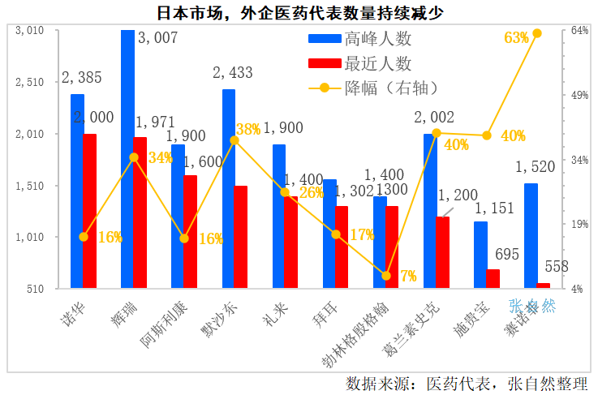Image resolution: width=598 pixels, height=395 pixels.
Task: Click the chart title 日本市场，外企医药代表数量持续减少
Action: pos(299,12)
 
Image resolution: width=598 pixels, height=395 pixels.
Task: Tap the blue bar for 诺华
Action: pos(77,191)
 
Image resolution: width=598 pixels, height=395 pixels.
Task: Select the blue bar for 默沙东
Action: pos(229,188)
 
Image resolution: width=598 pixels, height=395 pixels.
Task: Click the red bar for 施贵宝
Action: pos(493,278)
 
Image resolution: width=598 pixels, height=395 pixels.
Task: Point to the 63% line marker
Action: pos(537,33)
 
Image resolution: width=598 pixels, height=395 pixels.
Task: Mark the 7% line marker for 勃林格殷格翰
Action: pos(386,276)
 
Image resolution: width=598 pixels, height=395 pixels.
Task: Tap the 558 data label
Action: pos(556,266)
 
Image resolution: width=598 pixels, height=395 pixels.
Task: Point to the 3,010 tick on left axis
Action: pos(29,31)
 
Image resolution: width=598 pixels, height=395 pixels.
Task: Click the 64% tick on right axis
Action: pos(579,31)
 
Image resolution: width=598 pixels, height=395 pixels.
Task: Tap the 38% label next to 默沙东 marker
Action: pos(248,129)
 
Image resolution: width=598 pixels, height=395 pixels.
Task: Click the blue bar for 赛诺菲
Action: pos(531,235)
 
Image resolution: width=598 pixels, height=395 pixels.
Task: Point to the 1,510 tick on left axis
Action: pos(29,186)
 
